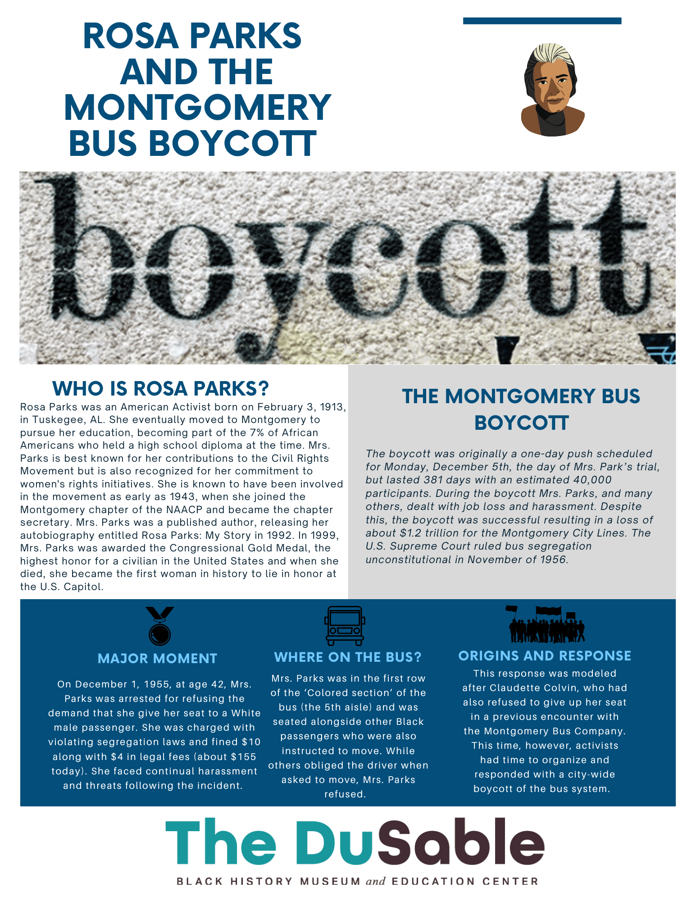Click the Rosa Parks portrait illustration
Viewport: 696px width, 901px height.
pos(552,90)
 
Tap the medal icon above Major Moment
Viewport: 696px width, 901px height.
pos(159,626)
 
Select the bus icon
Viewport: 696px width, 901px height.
pos(345,625)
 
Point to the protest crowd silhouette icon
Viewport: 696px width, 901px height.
pos(546,624)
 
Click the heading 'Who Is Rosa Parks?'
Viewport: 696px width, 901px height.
pos(160,388)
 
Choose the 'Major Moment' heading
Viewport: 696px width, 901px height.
pos(157,659)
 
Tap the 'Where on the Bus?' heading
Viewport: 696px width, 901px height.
pos(348,657)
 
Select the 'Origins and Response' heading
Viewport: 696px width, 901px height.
pos(545,656)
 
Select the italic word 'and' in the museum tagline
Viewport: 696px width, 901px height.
pos(376,881)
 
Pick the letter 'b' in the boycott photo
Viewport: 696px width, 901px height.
pos(90,252)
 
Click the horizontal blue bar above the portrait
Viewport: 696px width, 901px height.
pos(542,21)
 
